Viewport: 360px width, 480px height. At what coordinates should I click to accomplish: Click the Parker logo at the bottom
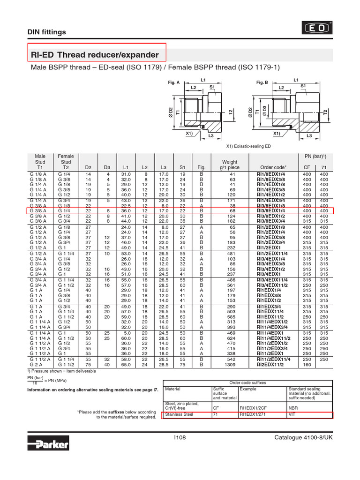pos(48,443)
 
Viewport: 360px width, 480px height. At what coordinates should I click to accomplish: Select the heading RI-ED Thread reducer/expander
pos(95,55)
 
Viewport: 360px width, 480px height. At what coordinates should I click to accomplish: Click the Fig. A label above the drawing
pos(173,82)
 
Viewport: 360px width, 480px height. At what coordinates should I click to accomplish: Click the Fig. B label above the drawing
pos(262,82)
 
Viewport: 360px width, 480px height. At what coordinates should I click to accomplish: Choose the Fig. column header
pos(202,167)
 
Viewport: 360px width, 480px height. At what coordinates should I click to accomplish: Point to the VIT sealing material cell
pos(292,414)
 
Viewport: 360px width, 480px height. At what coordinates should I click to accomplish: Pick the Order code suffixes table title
pos(247,382)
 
